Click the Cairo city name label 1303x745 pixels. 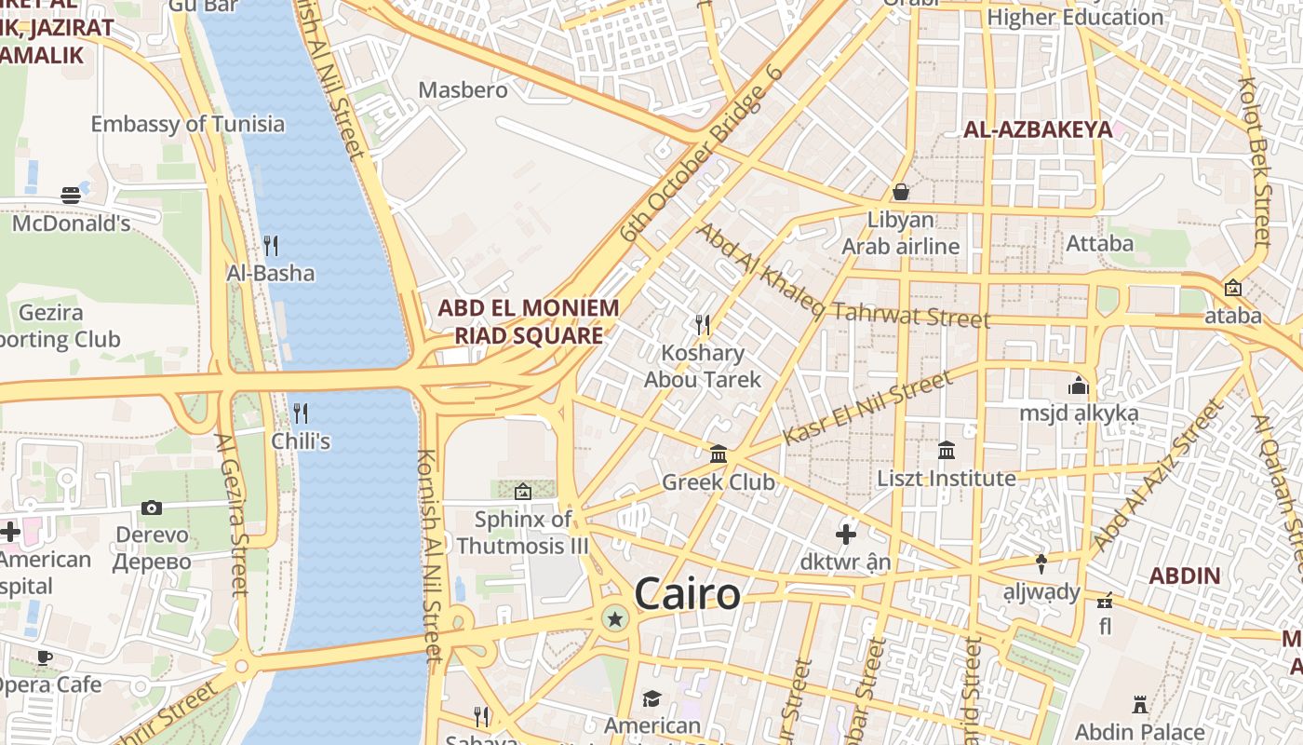click(687, 594)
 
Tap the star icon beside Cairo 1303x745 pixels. click(614, 618)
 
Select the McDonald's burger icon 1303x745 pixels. click(72, 195)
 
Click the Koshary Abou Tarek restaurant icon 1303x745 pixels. click(703, 324)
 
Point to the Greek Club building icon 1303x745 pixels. click(719, 454)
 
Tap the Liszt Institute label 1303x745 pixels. click(947, 479)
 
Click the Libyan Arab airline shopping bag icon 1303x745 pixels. click(900, 192)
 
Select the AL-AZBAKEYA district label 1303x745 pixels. click(1038, 129)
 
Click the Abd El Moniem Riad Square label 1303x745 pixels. click(529, 321)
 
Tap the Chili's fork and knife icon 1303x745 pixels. click(301, 413)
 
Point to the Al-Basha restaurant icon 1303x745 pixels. click(271, 246)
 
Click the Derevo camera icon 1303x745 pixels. click(152, 508)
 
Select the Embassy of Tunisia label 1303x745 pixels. click(187, 124)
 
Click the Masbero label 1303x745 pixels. click(463, 90)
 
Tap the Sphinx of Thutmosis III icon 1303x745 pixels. click(523, 491)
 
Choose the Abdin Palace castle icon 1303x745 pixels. click(1139, 704)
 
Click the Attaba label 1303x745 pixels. click(1099, 244)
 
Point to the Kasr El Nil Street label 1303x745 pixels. click(867, 407)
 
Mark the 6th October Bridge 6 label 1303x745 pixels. click(702, 153)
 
